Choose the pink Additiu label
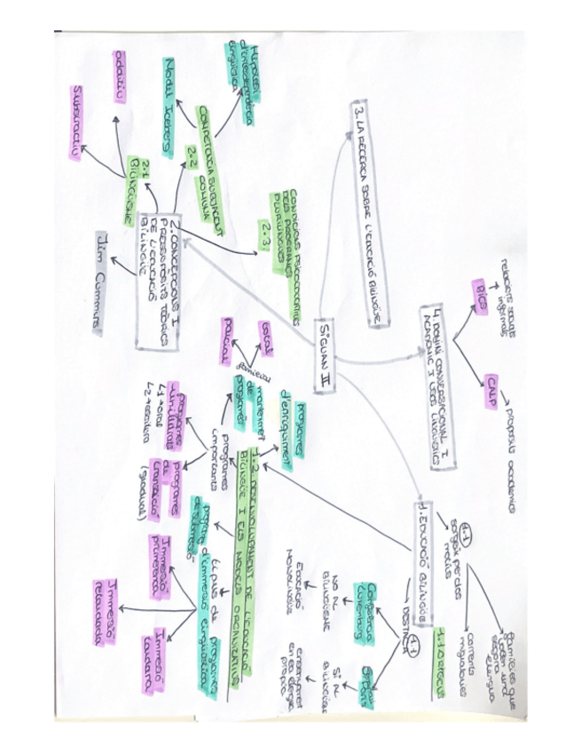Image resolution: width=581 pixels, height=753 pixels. pyautogui.click(x=122, y=74)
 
